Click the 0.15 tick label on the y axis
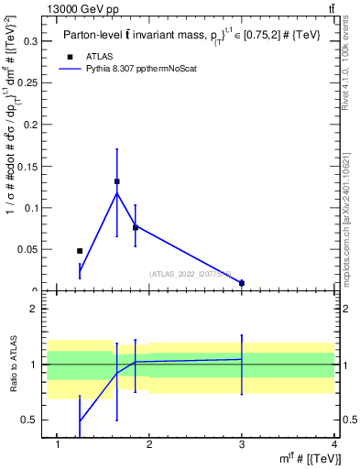[x=29, y=167]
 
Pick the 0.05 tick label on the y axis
[x=29, y=249]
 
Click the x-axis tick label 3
[x=242, y=445]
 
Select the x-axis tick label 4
[x=333, y=445]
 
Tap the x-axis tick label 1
[x=58, y=445]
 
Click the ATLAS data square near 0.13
[x=116, y=181]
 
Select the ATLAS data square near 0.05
[x=80, y=250]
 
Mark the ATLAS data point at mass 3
[x=242, y=283]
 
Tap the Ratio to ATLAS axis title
[x=13, y=365]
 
